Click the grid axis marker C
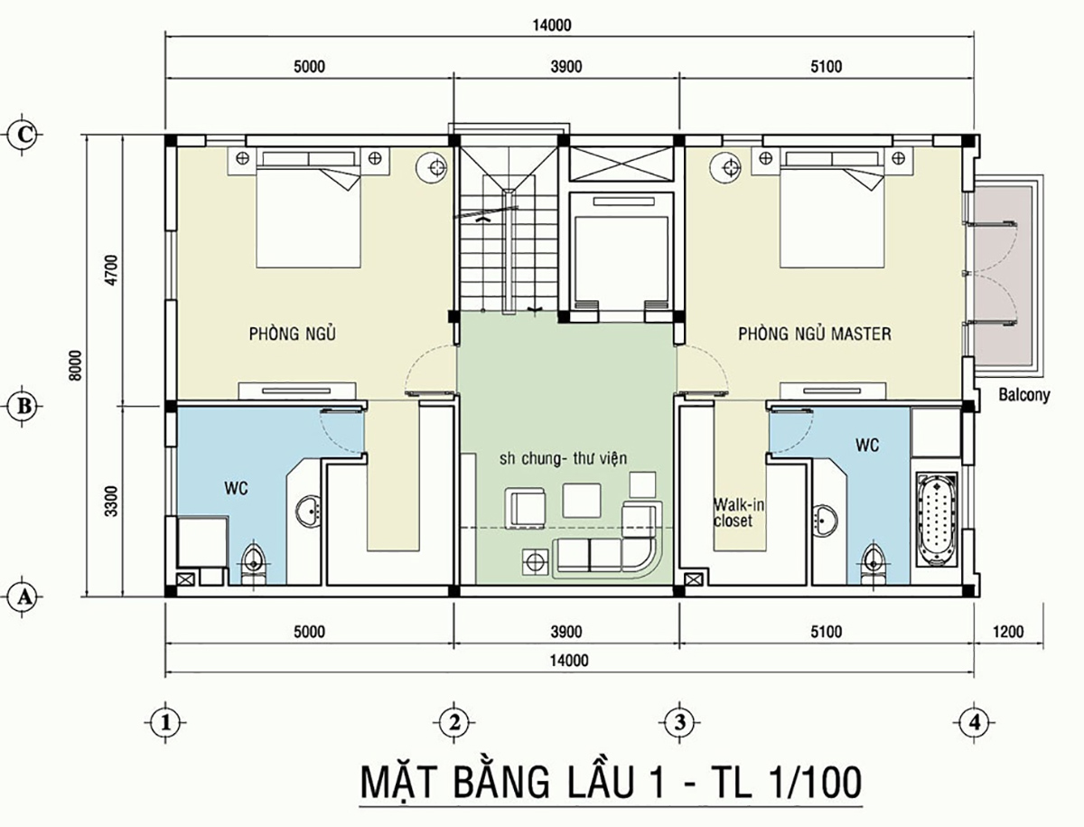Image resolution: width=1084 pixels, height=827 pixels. point(25,135)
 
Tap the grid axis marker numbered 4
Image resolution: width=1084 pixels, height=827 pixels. point(972,721)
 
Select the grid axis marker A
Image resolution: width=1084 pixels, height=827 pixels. point(25,596)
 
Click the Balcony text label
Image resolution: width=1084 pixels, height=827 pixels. point(1024,395)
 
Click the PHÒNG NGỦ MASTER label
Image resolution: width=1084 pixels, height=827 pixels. point(814,334)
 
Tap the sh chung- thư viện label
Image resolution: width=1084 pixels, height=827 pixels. point(563,458)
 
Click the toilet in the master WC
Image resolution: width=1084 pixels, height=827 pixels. point(874,560)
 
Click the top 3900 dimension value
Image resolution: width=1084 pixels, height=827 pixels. point(565,66)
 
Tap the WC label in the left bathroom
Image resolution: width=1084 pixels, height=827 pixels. point(236,488)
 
